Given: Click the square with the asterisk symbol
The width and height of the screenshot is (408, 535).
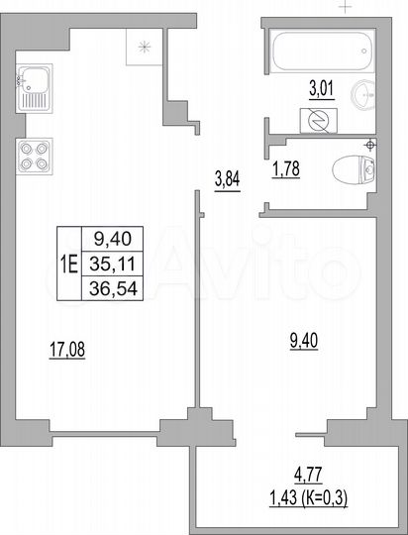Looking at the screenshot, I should tap(145, 45).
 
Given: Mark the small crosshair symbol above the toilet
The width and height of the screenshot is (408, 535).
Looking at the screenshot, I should tap(368, 146).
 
